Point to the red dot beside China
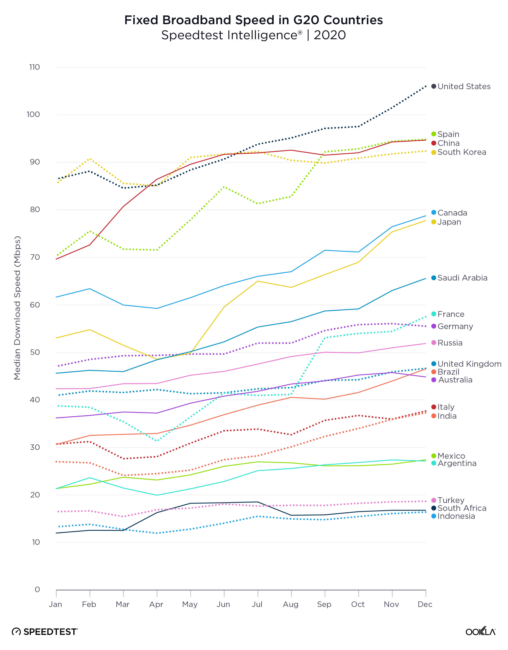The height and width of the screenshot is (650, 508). coord(434,143)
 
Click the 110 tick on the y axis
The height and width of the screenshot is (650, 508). coord(35,67)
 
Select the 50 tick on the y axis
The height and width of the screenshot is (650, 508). coord(35,352)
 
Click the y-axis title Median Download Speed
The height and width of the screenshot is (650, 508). coord(17,308)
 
